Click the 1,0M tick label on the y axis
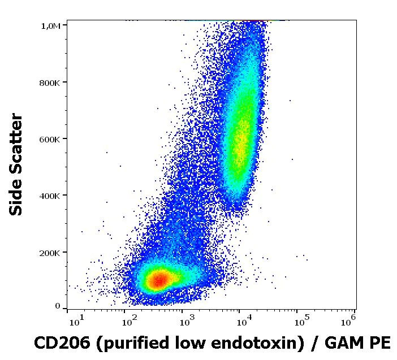pyautogui.click(x=51, y=25)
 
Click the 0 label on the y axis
pyautogui.click(x=58, y=306)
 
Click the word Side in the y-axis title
pyautogui.click(x=18, y=198)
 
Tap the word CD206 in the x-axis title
pyautogui.click(x=59, y=343)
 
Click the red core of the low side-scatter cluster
pyautogui.click(x=159, y=279)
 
